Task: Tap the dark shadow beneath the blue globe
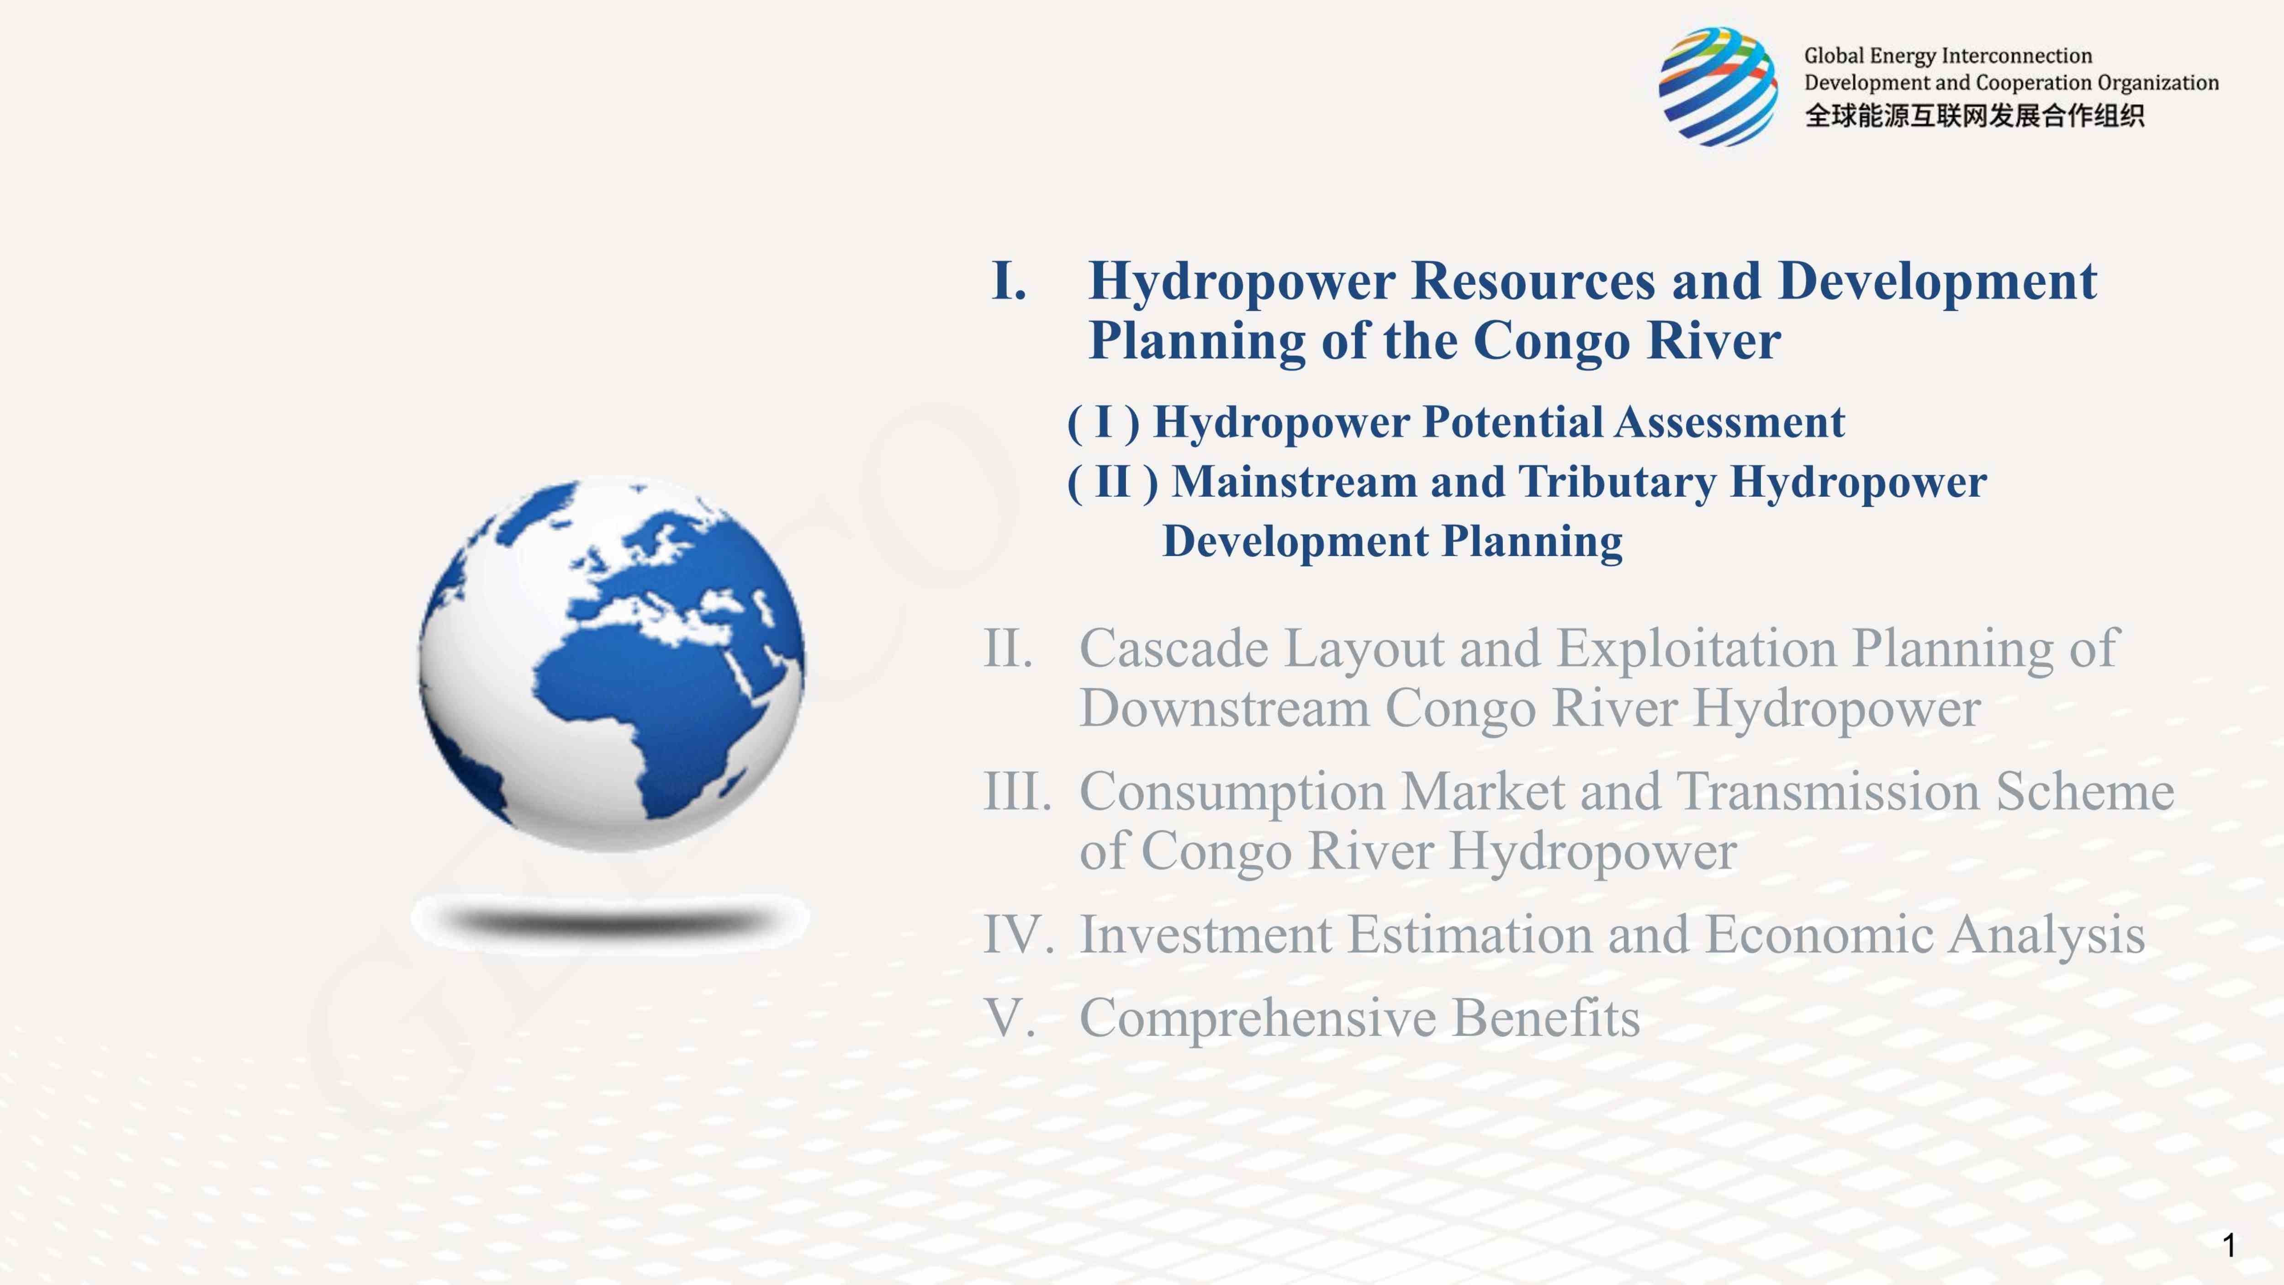610,919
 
